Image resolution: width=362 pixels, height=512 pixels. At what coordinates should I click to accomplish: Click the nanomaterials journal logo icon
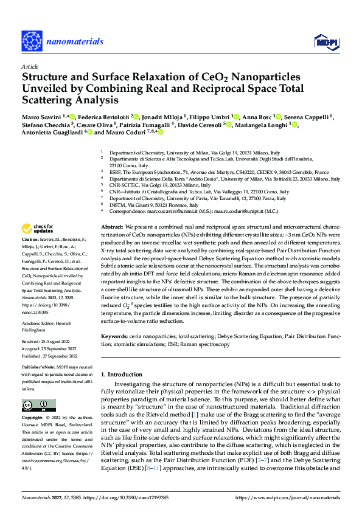tap(32, 41)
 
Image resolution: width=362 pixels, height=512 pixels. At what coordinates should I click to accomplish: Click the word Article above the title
tap(29, 66)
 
